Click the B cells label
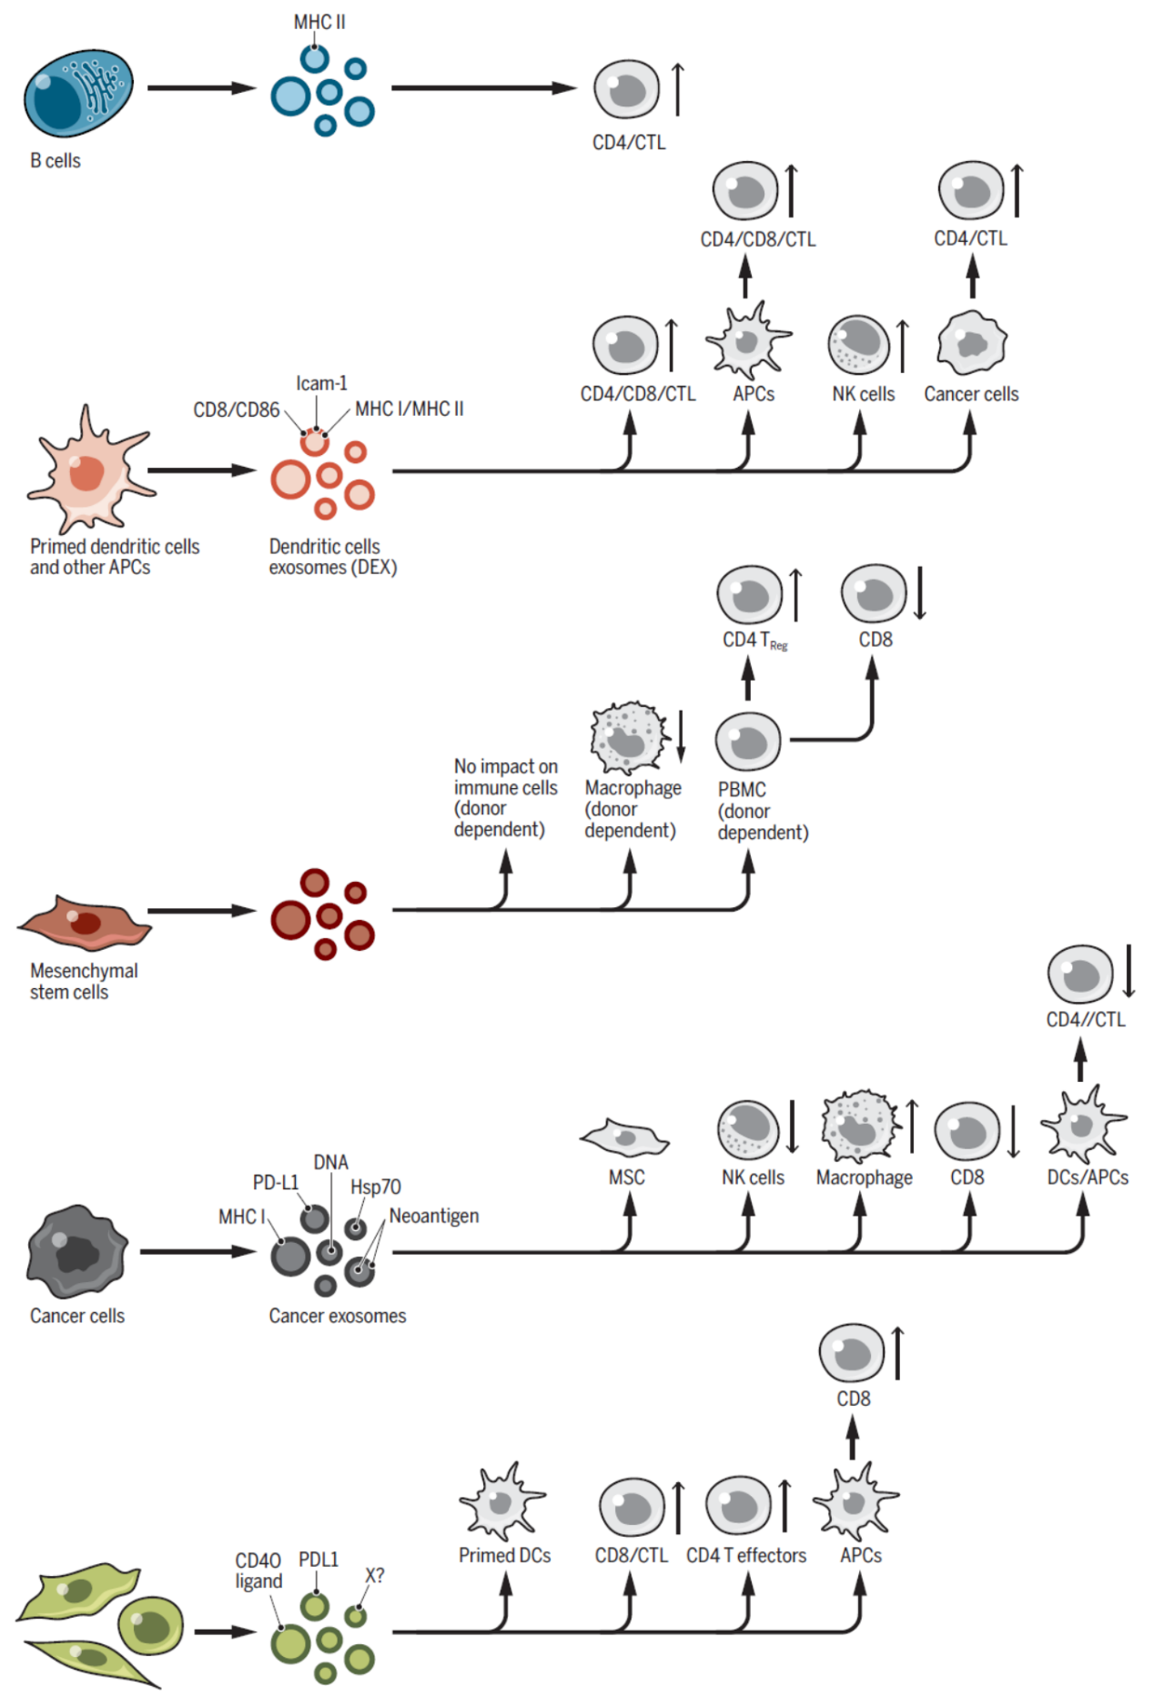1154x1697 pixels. [x=56, y=161]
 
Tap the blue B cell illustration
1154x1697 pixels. [x=78, y=93]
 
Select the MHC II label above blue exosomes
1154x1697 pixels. [x=319, y=22]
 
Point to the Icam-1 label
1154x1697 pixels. [x=321, y=383]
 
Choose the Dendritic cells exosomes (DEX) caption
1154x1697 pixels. [x=332, y=557]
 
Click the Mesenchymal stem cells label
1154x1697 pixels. [x=84, y=981]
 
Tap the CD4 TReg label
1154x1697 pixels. [x=754, y=641]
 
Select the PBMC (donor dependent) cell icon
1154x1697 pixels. [x=748, y=741]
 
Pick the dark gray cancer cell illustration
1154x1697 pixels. [x=77, y=1251]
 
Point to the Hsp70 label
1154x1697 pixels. [x=376, y=1187]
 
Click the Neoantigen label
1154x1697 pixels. [x=434, y=1216]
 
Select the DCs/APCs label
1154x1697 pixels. [x=1088, y=1177]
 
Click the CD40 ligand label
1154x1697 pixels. [x=258, y=1571]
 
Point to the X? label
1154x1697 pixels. [x=375, y=1575]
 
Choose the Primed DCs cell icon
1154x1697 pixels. [x=502, y=1502]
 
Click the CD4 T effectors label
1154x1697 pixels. [x=746, y=1556]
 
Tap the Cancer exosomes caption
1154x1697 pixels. [x=338, y=1316]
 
